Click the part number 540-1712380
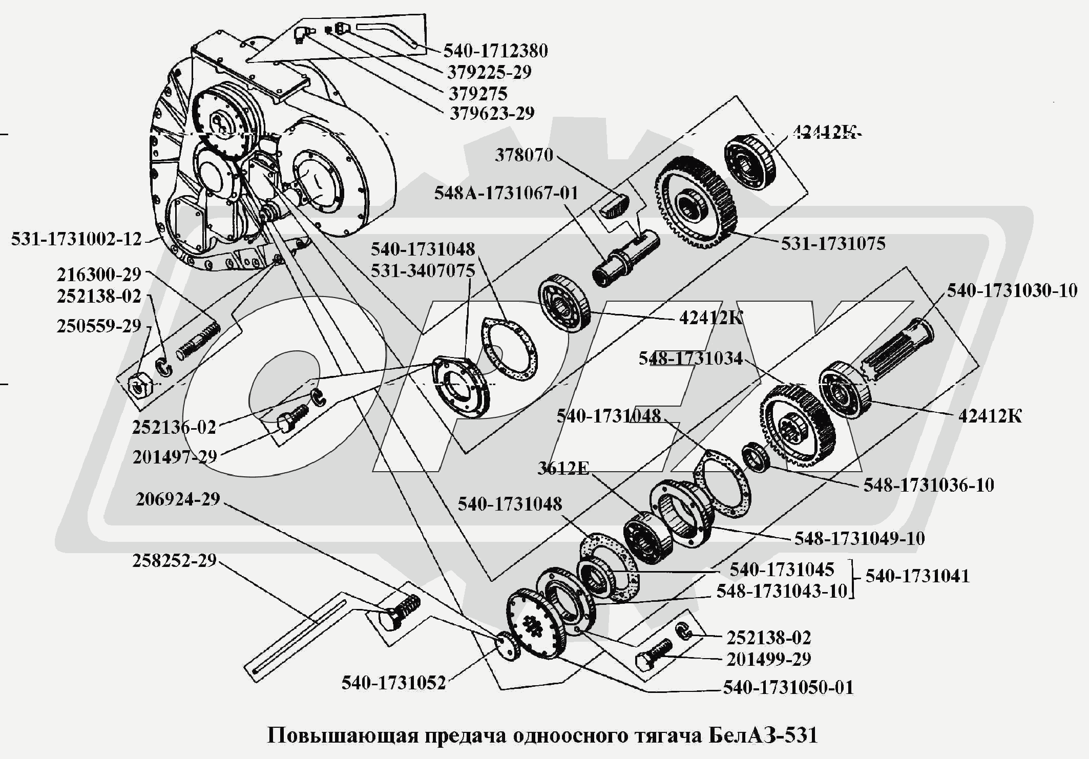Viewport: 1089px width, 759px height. pyautogui.click(x=495, y=51)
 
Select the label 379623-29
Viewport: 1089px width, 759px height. pyautogui.click(x=492, y=113)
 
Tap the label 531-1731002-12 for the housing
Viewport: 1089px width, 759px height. pyautogui.click(x=76, y=239)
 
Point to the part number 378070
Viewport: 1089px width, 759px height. pyautogui.click(x=524, y=155)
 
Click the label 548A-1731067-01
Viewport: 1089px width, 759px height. pyautogui.click(x=506, y=193)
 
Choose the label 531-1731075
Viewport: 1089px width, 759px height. pyautogui.click(x=833, y=243)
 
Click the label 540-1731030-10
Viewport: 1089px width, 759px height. pyautogui.click(x=1012, y=291)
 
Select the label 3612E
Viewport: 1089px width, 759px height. pyautogui.click(x=563, y=468)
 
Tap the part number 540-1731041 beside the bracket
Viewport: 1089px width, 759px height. pyautogui.click(x=917, y=576)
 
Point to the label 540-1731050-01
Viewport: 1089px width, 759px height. pyautogui.click(x=788, y=687)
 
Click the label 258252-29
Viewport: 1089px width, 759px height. pyautogui.click(x=175, y=561)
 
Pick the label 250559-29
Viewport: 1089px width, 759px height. pyautogui.click(x=99, y=326)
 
